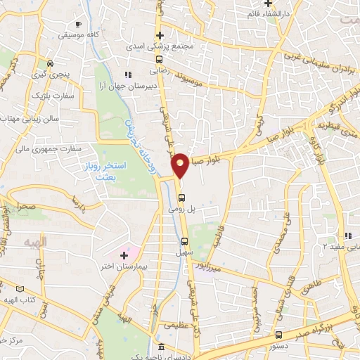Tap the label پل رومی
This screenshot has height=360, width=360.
(x=181, y=208)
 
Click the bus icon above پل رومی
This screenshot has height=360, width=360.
(x=181, y=197)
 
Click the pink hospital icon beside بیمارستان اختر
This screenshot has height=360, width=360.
(x=124, y=253)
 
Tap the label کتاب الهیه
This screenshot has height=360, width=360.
(x=20, y=300)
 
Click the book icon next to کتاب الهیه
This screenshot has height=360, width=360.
(x=19, y=289)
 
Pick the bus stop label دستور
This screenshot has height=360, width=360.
(x=279, y=347)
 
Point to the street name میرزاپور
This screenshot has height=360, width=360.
(x=228, y=268)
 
